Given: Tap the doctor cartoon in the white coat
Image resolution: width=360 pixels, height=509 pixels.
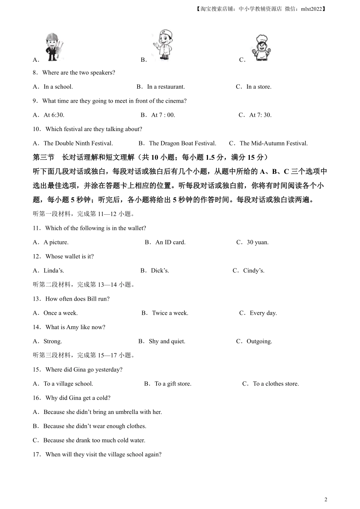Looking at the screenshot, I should tap(163, 44).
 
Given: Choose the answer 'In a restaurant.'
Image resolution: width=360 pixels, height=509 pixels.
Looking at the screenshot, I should tap(166, 87).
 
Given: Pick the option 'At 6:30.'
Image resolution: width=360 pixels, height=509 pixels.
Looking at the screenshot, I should tap(54, 115).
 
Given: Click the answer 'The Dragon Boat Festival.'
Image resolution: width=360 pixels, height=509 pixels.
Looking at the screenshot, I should tap(182, 144).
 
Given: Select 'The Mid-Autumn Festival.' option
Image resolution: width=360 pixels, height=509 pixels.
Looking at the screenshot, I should tap(274, 144).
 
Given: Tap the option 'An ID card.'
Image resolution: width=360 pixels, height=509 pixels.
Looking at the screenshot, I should tap(170, 242).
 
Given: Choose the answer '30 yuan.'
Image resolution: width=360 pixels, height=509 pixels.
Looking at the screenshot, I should tap(257, 242).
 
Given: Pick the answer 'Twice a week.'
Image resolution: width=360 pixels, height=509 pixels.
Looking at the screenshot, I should tap(170, 313).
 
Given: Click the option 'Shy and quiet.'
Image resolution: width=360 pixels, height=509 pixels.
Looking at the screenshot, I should tap(167, 342).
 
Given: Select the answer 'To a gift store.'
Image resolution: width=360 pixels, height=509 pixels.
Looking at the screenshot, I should tap(173, 384).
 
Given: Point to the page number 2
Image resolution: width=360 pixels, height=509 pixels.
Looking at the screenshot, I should tap(326, 500).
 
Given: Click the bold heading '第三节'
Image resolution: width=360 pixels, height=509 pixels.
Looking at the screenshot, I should tap(44, 158).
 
